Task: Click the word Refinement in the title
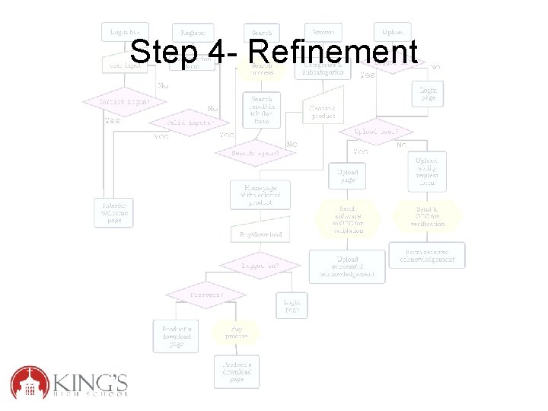click(x=333, y=53)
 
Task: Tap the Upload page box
click(x=348, y=177)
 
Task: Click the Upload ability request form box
click(x=427, y=172)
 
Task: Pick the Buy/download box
click(x=260, y=235)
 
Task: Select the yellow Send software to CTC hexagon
click(x=347, y=218)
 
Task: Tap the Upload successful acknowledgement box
click(x=347, y=266)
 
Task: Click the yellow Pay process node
click(x=235, y=332)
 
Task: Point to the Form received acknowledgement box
click(x=427, y=255)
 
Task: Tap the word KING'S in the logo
click(x=91, y=378)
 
